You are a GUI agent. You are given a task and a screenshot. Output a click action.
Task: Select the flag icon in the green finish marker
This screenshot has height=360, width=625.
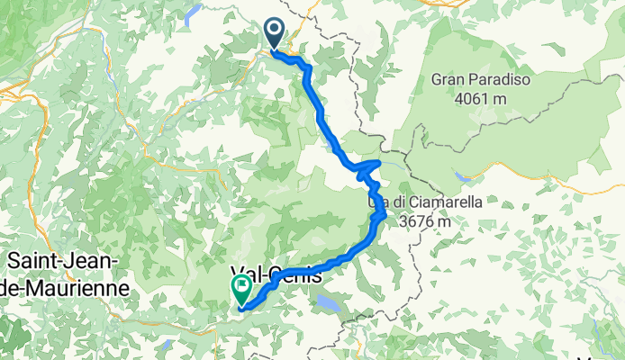click(241, 287)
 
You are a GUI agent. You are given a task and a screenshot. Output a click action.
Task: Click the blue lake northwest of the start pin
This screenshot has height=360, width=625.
click(193, 13)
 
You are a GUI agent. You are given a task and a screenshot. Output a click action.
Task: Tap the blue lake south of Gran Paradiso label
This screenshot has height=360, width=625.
click(462, 177)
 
